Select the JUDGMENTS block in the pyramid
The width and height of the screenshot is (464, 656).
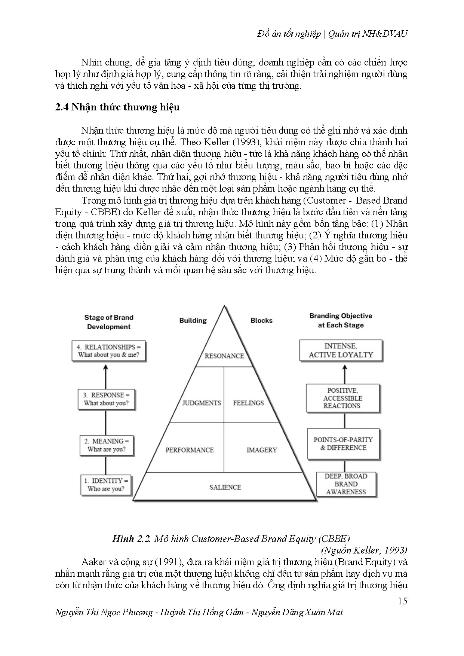[202, 403]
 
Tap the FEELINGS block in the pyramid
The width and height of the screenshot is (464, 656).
[248, 403]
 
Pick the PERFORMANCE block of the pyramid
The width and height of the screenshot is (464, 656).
[190, 450]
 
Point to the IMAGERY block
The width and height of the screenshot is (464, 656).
[262, 450]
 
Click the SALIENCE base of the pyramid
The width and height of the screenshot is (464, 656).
[225, 487]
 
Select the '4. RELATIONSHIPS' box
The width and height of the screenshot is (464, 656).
[108, 351]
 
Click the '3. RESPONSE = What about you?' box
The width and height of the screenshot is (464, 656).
[106, 399]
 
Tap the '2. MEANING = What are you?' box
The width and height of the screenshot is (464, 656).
[107, 445]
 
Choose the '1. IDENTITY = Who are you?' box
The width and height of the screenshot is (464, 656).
[106, 485]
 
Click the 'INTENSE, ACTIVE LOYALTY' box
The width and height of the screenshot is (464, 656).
[341, 350]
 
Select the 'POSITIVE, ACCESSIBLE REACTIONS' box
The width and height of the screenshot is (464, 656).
[342, 398]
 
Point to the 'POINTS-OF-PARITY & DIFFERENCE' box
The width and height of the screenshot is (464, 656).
[343, 443]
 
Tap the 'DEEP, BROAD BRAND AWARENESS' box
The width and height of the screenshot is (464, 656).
[346, 484]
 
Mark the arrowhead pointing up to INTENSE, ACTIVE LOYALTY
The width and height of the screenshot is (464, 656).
[345, 368]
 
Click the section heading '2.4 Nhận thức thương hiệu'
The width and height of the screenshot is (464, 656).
[117, 107]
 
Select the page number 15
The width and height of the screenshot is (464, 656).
[402, 601]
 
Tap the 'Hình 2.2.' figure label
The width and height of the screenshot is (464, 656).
[131, 538]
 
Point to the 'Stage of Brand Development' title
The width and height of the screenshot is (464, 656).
[109, 322]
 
